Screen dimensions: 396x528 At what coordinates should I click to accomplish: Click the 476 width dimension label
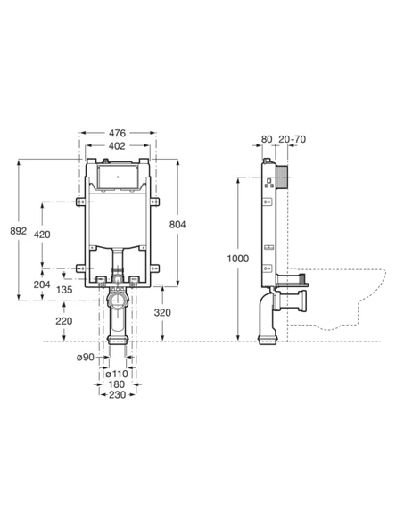click(x=117, y=133)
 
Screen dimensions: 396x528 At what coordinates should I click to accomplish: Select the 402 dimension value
click(x=117, y=145)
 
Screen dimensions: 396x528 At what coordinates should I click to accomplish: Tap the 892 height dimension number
click(x=18, y=231)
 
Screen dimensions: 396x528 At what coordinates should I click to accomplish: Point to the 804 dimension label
click(x=177, y=224)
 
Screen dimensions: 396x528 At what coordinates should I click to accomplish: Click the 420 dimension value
click(x=42, y=235)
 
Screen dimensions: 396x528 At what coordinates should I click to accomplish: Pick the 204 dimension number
click(x=42, y=285)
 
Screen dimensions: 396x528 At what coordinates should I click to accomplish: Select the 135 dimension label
click(x=64, y=290)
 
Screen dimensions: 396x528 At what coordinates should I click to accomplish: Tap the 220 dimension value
click(x=64, y=321)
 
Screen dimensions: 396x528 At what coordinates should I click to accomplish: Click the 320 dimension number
click(x=162, y=312)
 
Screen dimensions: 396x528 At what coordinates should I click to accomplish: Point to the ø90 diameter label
click(x=86, y=357)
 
